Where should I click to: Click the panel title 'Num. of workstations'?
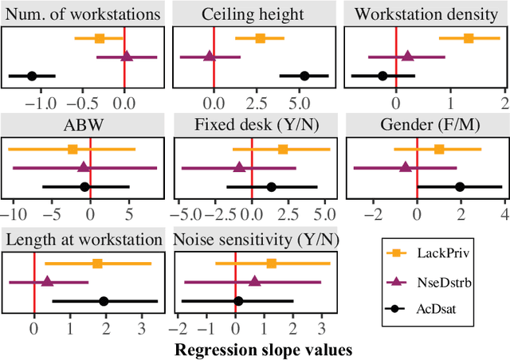83,14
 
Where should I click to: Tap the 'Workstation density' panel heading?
422,14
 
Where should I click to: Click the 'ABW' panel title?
83,127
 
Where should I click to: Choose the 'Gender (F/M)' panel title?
422,127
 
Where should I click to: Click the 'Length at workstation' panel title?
83,240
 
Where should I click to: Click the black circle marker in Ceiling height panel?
304,76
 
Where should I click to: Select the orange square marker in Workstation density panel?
469,38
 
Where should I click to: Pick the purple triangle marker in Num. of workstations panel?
126,57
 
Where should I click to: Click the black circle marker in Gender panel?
460,186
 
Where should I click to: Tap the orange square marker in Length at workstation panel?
97,264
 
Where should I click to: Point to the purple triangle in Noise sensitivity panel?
254,280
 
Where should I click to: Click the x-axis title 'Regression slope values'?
263,349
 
